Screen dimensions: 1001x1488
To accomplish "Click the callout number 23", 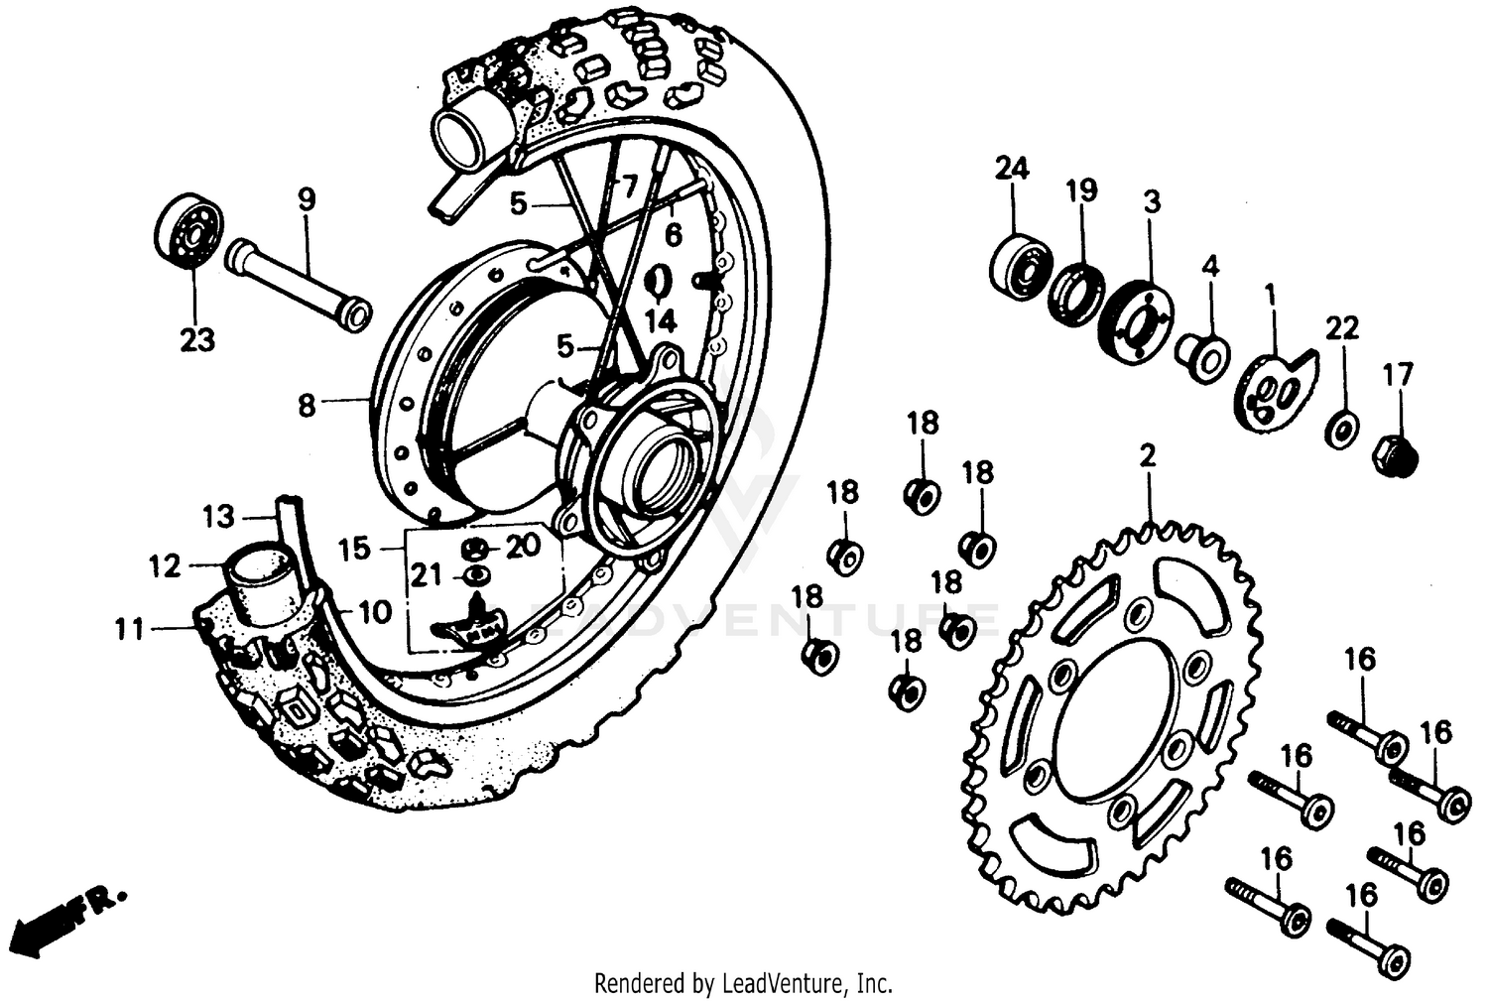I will tap(196, 340).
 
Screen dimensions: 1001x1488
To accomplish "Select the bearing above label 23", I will tap(188, 231).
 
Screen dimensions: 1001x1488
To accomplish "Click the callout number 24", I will tap(1013, 169).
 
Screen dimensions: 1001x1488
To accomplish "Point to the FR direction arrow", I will tap(69, 917).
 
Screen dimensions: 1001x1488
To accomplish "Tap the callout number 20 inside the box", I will tap(524, 545).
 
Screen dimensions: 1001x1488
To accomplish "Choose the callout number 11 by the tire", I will tap(129, 628).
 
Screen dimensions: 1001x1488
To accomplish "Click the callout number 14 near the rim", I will tap(660, 320).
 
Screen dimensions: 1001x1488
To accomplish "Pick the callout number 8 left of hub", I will tap(307, 405).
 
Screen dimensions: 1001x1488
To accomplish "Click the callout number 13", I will tap(218, 516).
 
